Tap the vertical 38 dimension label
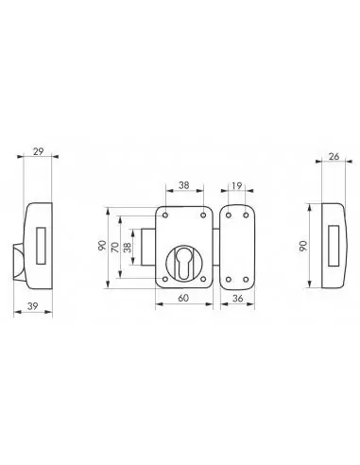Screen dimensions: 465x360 (x=129, y=248)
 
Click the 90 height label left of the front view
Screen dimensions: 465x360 (x=101, y=246)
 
